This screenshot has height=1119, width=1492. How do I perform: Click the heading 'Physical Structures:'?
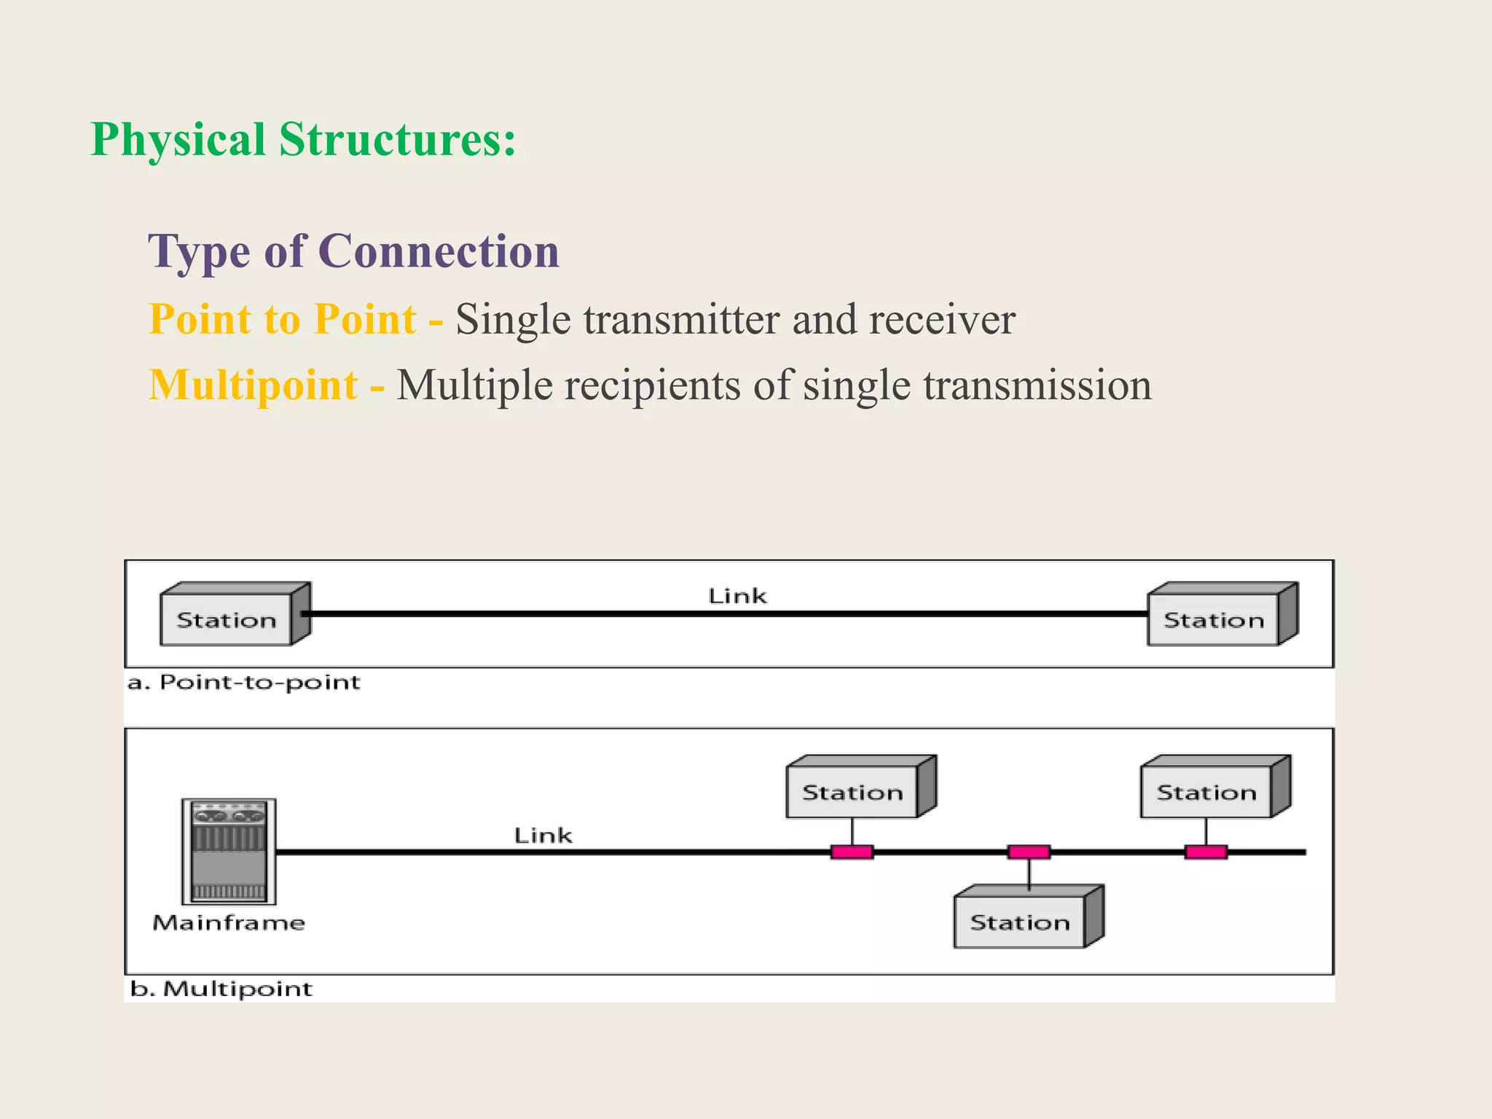coord(303,139)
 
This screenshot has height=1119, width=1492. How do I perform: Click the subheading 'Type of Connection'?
coord(354,251)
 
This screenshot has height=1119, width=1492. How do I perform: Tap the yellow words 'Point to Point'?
coord(283,319)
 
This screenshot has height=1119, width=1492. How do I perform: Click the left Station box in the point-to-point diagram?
coord(227,619)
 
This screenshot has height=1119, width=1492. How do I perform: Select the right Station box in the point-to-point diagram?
coord(1214,619)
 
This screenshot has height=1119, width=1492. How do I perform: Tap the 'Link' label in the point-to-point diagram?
coord(737,596)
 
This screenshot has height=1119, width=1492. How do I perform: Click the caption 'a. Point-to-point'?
coord(244,683)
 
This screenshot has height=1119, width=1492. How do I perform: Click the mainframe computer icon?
coord(229,851)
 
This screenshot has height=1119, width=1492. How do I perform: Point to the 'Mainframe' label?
coord(229,923)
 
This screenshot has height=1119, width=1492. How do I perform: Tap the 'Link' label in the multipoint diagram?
coord(543,835)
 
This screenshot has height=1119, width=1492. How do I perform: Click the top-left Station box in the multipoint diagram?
coord(853,792)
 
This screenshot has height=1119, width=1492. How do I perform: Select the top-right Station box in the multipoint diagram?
coord(1207,792)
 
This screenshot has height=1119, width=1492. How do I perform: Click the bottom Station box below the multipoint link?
coord(1021,922)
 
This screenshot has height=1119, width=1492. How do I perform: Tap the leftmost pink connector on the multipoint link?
coord(852,852)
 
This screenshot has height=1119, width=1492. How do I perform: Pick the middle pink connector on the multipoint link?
coord(1029,852)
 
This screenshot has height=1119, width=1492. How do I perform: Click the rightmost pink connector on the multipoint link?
coord(1206,852)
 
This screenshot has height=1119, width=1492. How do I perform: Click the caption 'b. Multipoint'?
coord(221,989)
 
